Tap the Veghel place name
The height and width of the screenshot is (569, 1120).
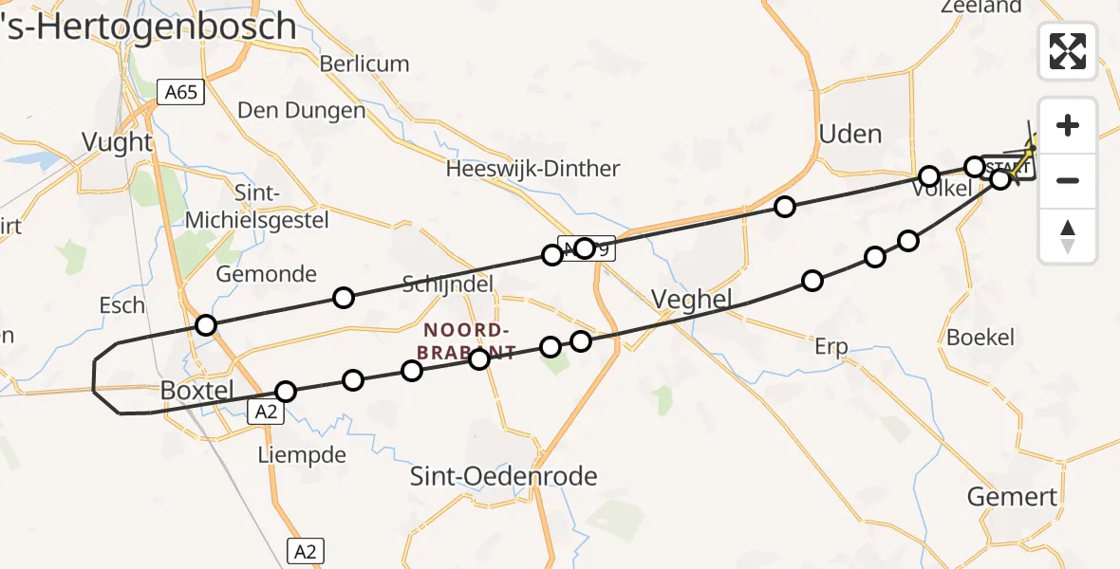coord(692,301)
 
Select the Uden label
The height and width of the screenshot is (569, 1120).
coord(849,134)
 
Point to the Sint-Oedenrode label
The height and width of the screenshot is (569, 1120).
coord(503,475)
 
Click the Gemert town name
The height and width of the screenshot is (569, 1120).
coord(1011,496)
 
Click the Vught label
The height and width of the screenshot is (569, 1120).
coord(117,142)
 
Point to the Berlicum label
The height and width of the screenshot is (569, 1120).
coord(364,64)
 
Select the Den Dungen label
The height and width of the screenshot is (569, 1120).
coord(301,110)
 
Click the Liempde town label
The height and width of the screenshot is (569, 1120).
coord(302,455)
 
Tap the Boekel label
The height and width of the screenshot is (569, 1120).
coord(980,337)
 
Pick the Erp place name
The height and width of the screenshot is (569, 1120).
coord(831,346)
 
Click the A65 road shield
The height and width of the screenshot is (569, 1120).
coord(180,91)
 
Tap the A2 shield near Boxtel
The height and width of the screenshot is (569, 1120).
coord(267,411)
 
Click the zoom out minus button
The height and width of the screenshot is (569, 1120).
coord(1068,180)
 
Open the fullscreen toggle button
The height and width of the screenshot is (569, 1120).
coord(1068,50)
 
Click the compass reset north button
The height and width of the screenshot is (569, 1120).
coord(1068,236)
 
